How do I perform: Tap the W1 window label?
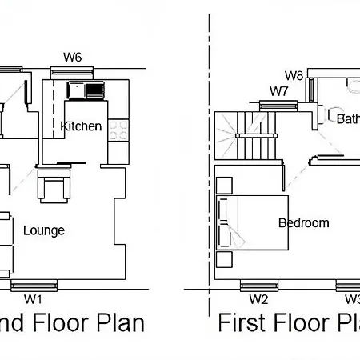33,299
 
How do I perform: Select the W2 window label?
258,299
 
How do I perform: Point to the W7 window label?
278,91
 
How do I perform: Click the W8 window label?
294,76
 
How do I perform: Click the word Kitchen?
81,126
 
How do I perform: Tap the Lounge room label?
44,230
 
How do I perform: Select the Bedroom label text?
303,223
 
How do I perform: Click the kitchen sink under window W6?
85,90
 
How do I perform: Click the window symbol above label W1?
33,284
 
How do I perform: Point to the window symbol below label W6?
73,71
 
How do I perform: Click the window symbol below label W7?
278,102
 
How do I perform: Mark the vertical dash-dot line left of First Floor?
210,160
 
